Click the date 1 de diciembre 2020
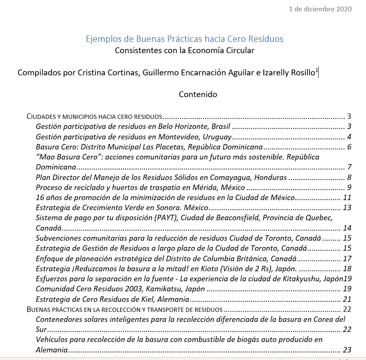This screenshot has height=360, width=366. [320, 9]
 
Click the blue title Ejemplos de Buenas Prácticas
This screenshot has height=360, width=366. [184, 39]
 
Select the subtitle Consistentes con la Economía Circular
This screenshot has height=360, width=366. [184, 51]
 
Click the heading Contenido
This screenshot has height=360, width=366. [198, 94]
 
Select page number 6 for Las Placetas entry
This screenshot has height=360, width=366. [348, 147]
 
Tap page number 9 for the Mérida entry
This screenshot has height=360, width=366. [348, 187]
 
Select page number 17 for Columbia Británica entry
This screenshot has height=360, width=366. [347, 258]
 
